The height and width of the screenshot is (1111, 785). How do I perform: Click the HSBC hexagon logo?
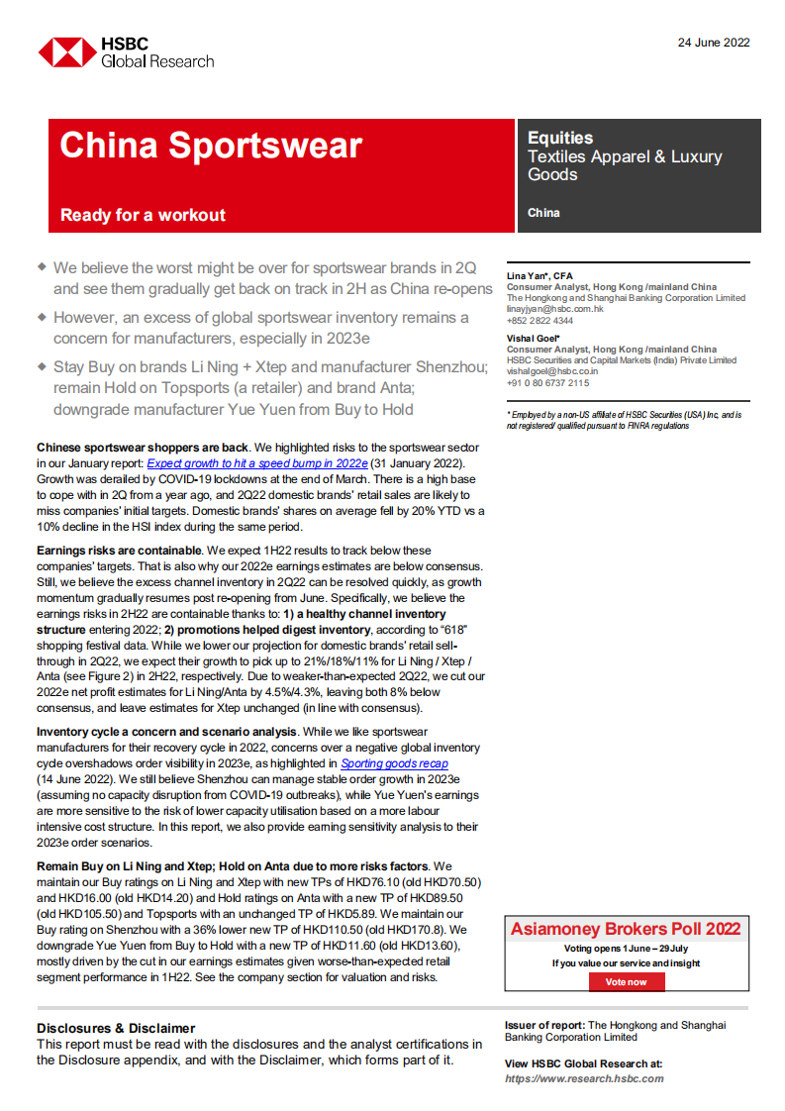pyautogui.click(x=65, y=52)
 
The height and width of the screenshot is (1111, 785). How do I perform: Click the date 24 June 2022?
pyautogui.click(x=714, y=43)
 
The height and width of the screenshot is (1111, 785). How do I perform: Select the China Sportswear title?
pyautogui.click(x=211, y=146)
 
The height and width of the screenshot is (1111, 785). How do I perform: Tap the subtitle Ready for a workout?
pyautogui.click(x=143, y=215)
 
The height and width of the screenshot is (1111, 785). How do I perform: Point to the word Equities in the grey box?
pyautogui.click(x=560, y=139)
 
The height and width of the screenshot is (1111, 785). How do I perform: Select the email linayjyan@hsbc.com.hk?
pyautogui.click(x=554, y=309)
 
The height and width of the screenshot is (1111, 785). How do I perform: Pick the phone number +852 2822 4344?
pyautogui.click(x=540, y=321)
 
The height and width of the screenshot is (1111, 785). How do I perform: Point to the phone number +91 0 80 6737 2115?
pyautogui.click(x=547, y=383)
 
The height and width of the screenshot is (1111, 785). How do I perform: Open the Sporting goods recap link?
pyautogui.click(x=394, y=763)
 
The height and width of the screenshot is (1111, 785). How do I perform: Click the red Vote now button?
pyautogui.click(x=627, y=982)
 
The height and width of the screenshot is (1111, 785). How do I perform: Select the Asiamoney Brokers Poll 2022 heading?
pyautogui.click(x=626, y=929)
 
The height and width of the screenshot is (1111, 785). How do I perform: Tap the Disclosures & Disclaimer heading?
pyautogui.click(x=116, y=1028)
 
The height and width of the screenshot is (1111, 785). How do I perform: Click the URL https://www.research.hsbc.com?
pyautogui.click(x=584, y=1078)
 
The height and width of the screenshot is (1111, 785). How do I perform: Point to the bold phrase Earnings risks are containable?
pyautogui.click(x=118, y=550)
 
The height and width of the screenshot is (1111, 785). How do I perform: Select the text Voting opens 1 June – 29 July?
pyautogui.click(x=626, y=949)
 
